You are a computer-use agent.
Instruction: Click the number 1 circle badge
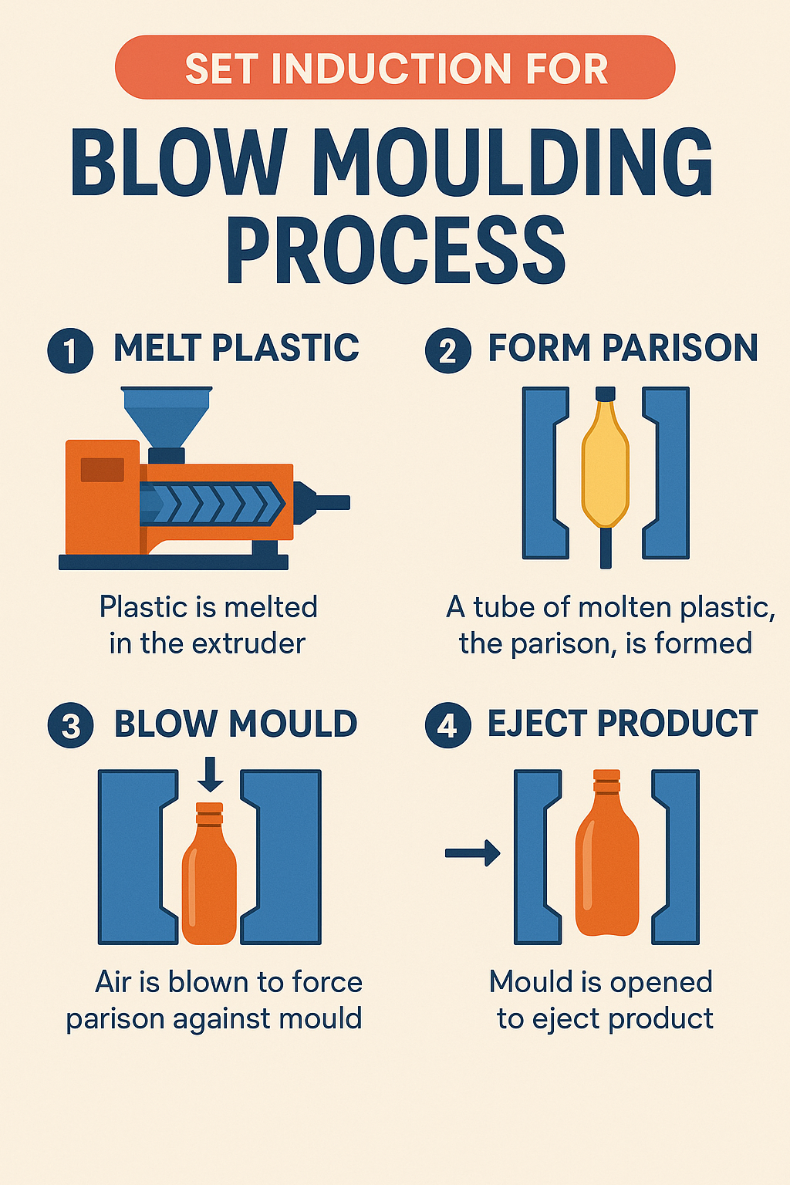point(70,350)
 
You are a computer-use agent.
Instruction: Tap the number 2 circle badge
point(447,350)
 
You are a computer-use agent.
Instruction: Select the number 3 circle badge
point(70,726)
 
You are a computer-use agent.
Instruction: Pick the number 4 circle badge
point(447,726)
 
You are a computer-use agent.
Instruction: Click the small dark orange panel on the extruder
point(102,469)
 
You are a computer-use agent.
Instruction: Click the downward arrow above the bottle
point(210,775)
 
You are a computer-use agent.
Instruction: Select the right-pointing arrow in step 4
point(473,852)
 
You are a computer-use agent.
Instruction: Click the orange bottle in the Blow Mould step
point(209,879)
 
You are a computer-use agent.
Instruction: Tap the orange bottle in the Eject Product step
point(607,856)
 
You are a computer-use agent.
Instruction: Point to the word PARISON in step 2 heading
point(680,348)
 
